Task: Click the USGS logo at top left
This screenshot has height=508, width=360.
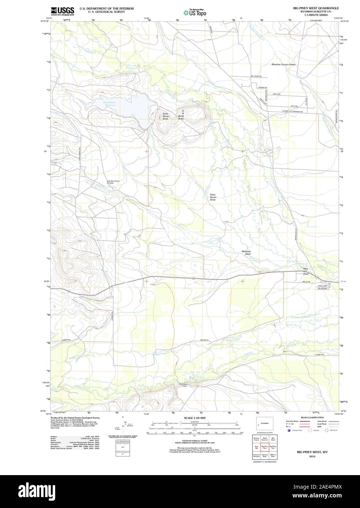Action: coord(62,11)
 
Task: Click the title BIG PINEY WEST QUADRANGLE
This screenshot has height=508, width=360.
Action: coord(316,8)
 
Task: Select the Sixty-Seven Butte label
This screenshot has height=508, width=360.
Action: coord(167,116)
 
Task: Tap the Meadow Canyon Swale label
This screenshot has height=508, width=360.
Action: coord(283,64)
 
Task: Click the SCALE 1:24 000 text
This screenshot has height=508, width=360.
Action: coord(195,418)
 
